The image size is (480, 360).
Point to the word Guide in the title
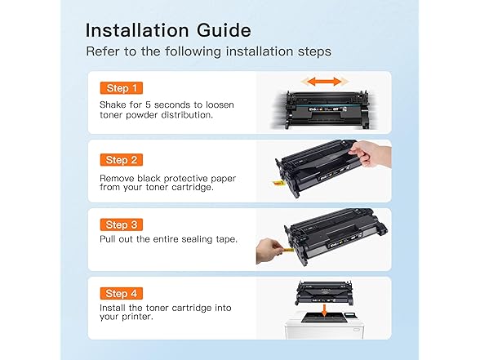(220, 30)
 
